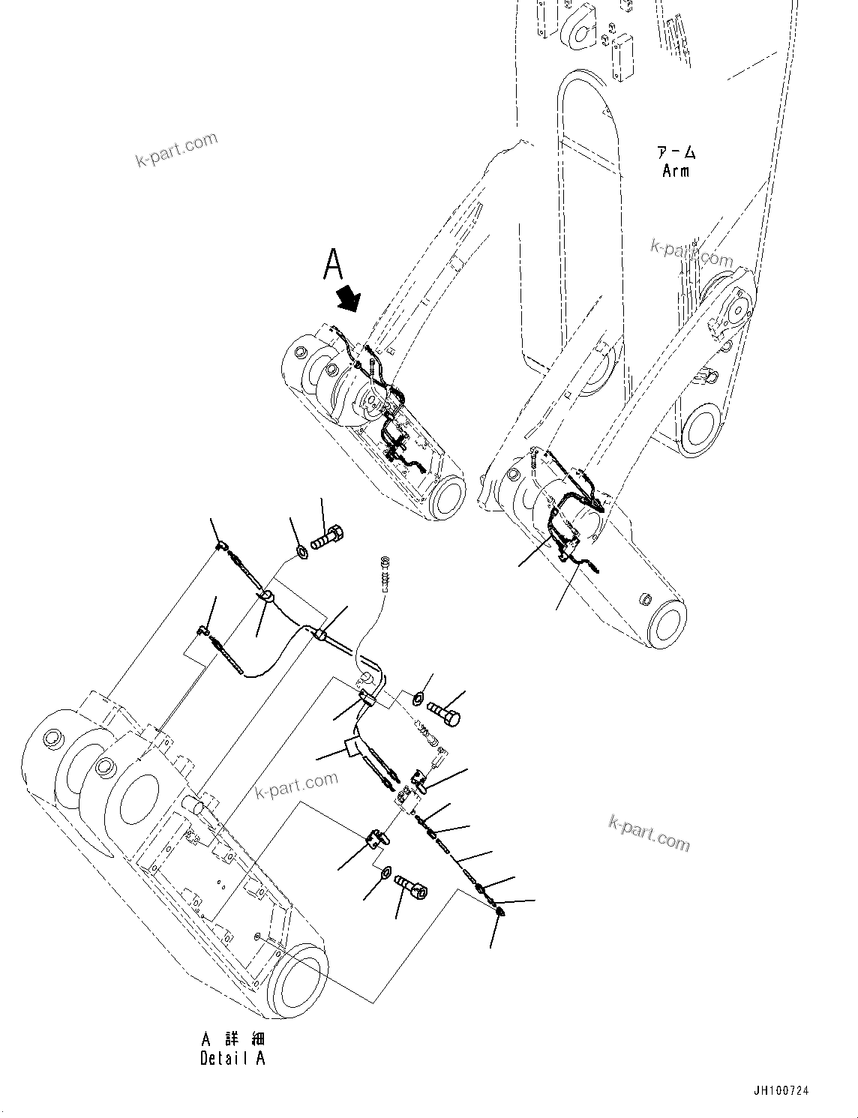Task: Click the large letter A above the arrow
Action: [x=333, y=265]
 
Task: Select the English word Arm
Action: [x=675, y=171]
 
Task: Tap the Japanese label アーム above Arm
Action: [x=676, y=153]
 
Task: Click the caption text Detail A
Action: [x=232, y=1058]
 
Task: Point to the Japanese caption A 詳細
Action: [x=232, y=1039]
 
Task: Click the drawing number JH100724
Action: [x=782, y=1091]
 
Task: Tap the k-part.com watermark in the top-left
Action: [x=176, y=150]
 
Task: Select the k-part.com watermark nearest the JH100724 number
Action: [x=649, y=833]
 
